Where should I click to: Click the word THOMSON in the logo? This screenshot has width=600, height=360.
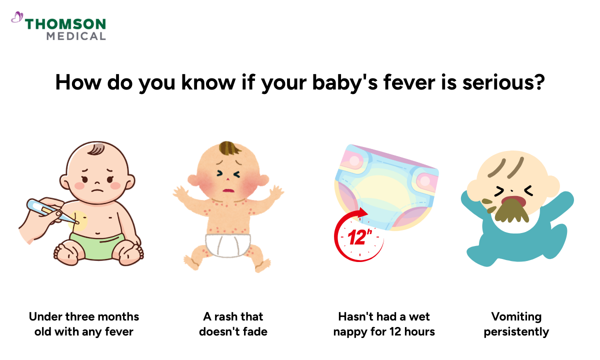pos(65,24)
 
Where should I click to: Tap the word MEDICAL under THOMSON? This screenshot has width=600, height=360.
pos(76,36)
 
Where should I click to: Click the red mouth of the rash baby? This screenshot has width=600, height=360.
pos(229,190)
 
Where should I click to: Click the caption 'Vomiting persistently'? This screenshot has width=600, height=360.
pos(516,324)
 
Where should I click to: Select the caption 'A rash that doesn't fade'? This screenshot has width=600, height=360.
pos(233,324)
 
